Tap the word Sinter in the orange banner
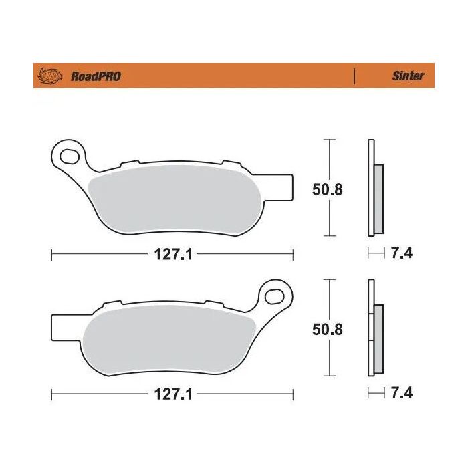tap(407, 76)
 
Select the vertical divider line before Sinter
tap(354, 76)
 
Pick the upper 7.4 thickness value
tap(402, 254)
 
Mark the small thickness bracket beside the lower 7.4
tap(376, 392)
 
